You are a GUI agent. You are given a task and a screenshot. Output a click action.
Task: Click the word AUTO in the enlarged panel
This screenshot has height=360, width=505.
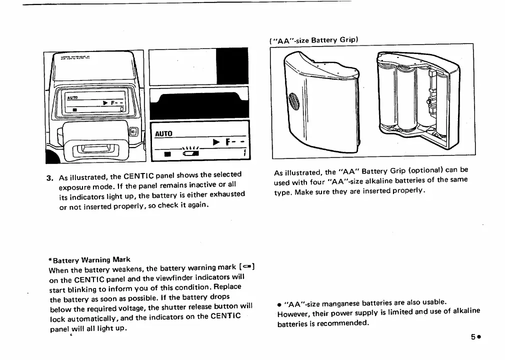pos(163,134)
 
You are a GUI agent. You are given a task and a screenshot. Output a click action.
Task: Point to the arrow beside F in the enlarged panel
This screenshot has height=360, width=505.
pos(216,142)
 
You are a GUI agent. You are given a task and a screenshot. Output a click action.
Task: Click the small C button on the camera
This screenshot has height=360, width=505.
pos(133,131)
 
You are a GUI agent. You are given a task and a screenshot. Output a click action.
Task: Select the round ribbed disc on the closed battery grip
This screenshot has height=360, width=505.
pos(294,103)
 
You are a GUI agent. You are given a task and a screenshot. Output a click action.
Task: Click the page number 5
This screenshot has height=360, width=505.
pos(472,336)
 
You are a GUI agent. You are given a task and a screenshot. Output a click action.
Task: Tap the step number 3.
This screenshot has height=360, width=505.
pos(49,177)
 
